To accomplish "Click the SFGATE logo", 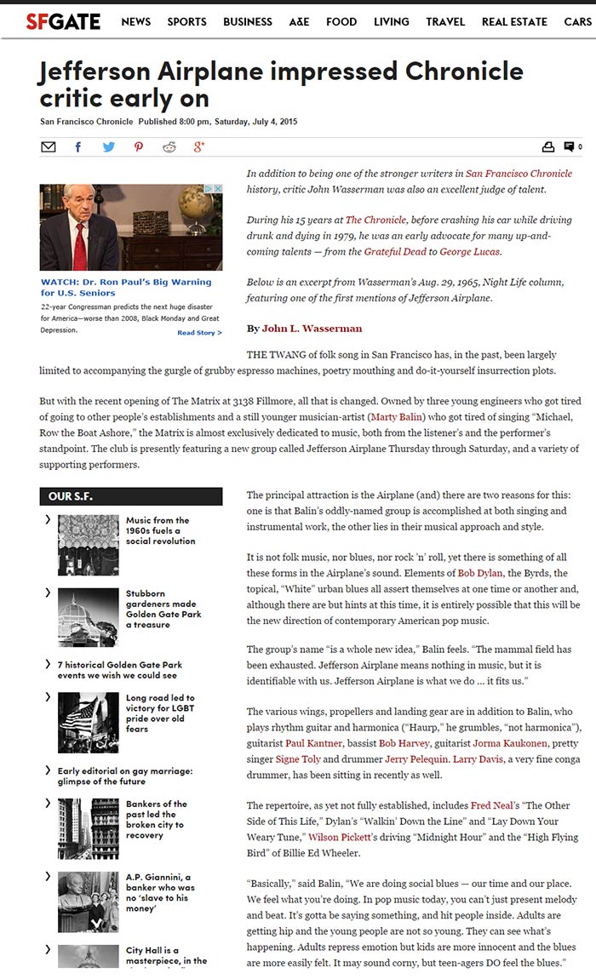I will (x=63, y=21).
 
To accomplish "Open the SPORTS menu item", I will (x=186, y=21).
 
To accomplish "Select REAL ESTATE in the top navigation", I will (x=513, y=21).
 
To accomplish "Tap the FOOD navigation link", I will (x=341, y=21).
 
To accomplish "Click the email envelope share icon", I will (x=49, y=147).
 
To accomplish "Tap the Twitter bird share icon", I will (x=108, y=147).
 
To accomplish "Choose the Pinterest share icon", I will (x=139, y=147).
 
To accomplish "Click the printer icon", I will (x=548, y=147).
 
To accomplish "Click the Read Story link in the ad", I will (x=199, y=333).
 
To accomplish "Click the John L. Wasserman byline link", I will (x=312, y=329).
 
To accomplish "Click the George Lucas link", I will (x=469, y=252).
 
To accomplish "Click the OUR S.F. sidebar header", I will (x=131, y=496).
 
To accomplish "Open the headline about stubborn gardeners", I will (x=161, y=609).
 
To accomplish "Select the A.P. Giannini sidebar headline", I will (x=159, y=892).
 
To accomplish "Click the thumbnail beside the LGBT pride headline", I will (x=89, y=722).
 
